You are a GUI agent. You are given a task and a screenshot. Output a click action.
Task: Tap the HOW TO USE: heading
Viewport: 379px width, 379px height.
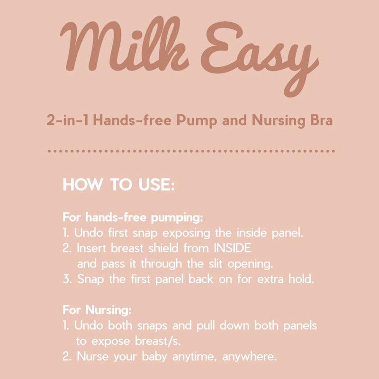[x=119, y=185]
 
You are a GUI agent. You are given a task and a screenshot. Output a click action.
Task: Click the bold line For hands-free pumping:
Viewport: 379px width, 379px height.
[x=133, y=218]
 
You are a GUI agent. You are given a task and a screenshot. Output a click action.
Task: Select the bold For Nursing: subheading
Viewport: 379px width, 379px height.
[x=98, y=310]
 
